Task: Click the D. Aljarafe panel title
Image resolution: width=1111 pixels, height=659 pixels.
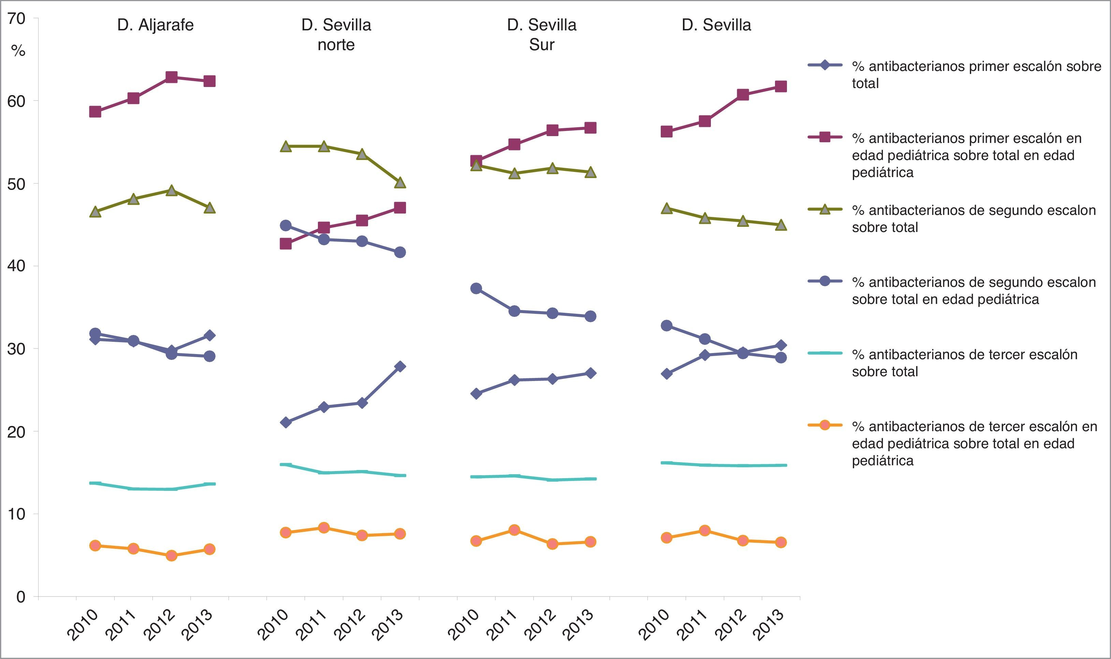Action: pyautogui.click(x=156, y=25)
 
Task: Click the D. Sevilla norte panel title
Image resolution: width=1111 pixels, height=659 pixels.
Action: pyautogui.click(x=336, y=35)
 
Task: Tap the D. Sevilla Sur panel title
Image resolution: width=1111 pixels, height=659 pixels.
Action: pyautogui.click(x=542, y=35)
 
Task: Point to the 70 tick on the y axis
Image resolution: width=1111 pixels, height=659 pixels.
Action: pyautogui.click(x=16, y=19)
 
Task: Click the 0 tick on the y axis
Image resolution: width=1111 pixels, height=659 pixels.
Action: pyautogui.click(x=21, y=596)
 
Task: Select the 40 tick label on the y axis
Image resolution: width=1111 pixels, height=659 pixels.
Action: pyautogui.click(x=16, y=266)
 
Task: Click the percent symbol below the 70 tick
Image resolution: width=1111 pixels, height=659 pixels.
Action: pyautogui.click(x=18, y=51)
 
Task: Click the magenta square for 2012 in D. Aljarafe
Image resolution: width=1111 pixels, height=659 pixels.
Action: pyautogui.click(x=171, y=77)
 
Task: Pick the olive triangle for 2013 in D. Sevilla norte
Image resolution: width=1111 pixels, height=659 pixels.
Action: pyautogui.click(x=400, y=182)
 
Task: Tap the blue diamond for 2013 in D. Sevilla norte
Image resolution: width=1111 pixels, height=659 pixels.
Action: pyautogui.click(x=400, y=366)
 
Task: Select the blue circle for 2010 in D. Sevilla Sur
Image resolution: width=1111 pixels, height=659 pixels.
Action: pyautogui.click(x=476, y=289)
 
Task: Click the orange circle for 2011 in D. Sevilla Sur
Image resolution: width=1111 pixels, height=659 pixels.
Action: pyautogui.click(x=514, y=530)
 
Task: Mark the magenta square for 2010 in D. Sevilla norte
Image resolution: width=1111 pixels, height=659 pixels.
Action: pyautogui.click(x=286, y=244)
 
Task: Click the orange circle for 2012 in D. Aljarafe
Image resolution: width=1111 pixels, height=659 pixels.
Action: pyautogui.click(x=171, y=556)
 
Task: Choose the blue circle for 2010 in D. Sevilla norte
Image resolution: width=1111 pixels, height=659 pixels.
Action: pyautogui.click(x=286, y=225)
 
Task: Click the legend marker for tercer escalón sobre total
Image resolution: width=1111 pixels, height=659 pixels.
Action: pyautogui.click(x=824, y=353)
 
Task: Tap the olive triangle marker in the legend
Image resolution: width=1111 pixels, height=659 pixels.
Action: pyautogui.click(x=824, y=209)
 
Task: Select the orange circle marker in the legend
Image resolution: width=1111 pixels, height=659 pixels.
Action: pyautogui.click(x=824, y=425)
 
